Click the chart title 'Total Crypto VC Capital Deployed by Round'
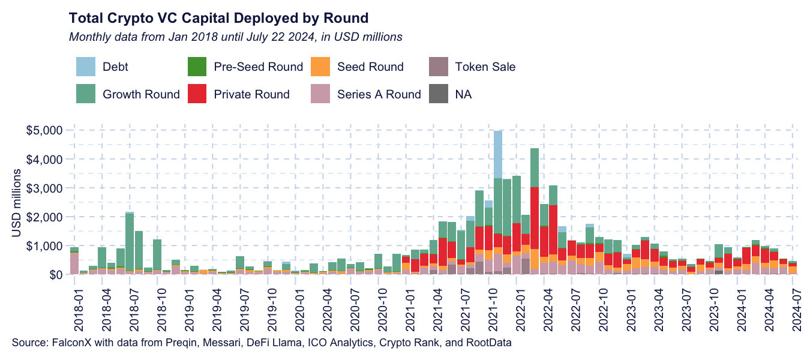218,17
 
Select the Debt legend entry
115,67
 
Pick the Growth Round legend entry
141,94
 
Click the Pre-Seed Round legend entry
258,67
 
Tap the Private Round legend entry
251,94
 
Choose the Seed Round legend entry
370,67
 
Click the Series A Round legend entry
379,94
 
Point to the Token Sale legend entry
485,67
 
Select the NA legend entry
463,94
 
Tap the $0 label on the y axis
55,275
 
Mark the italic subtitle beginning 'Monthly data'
235,37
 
